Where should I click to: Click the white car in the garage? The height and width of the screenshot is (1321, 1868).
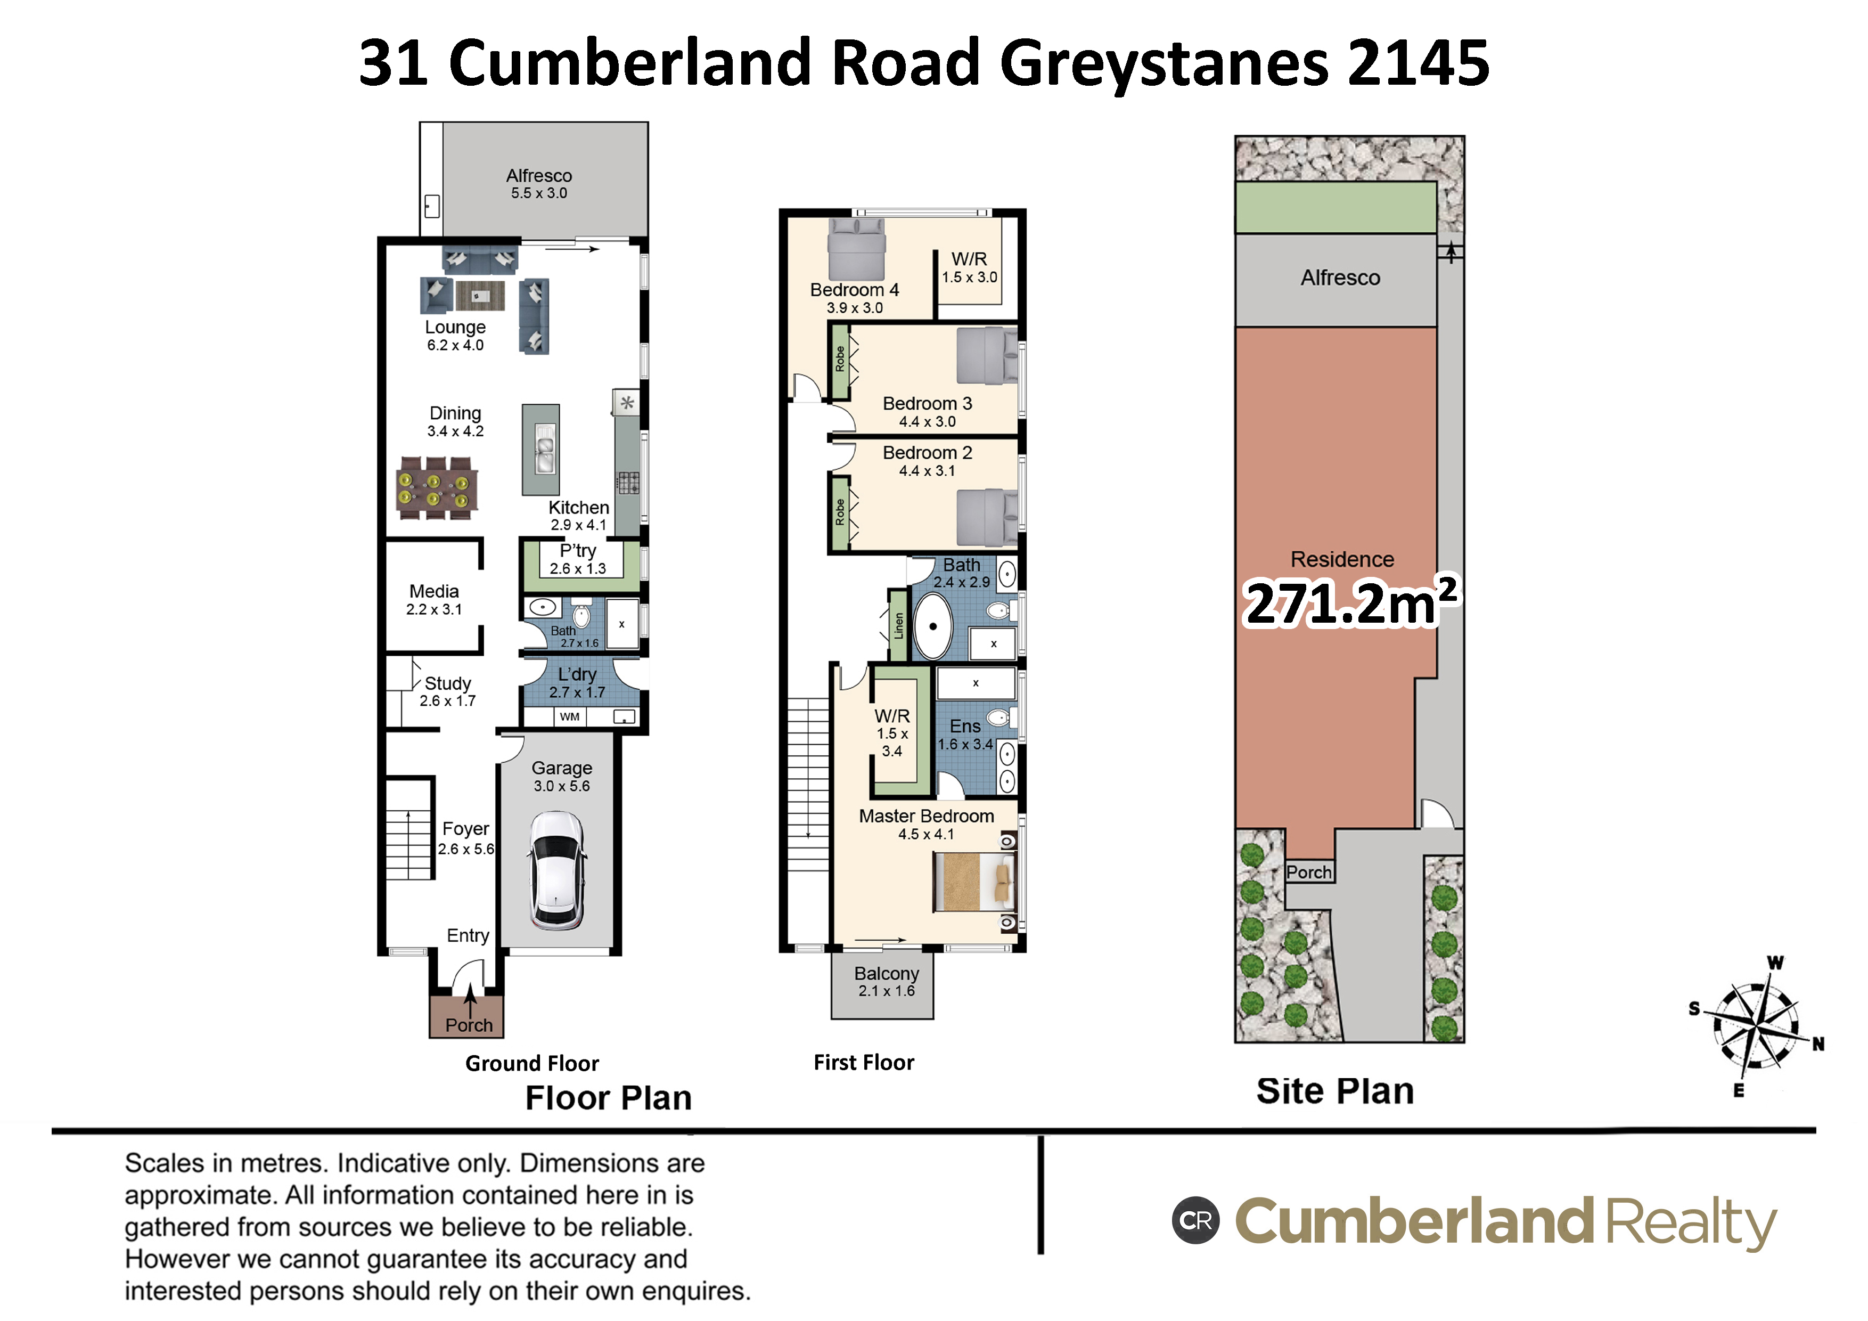point(556,870)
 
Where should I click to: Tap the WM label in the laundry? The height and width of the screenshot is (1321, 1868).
point(570,716)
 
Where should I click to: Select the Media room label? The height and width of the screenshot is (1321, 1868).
point(433,591)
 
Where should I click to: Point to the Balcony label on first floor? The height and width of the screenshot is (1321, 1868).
point(886,974)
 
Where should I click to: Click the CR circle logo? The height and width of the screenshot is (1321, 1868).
point(1195,1220)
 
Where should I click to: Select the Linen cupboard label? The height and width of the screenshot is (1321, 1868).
point(898,625)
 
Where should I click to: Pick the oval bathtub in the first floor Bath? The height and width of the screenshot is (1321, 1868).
point(933,626)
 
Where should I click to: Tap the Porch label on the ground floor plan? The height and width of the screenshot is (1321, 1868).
point(469,1025)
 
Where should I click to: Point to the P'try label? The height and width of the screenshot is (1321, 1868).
point(578,550)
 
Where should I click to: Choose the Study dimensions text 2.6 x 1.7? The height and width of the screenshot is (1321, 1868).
point(447,701)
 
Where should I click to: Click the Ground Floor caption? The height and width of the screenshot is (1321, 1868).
point(532,1063)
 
